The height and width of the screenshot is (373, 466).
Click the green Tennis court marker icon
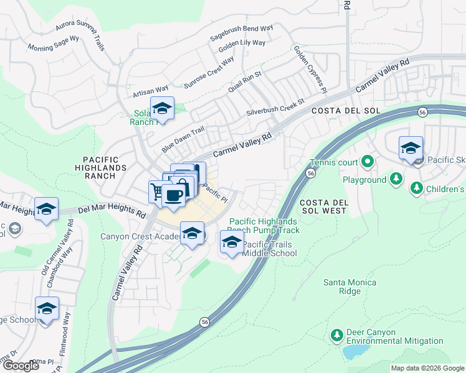tap(368, 163)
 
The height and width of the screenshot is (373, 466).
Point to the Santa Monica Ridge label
tap(349, 287)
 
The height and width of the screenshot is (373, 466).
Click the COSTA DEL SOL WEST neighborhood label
tap(322, 207)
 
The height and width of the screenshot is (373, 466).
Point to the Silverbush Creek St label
tap(275, 106)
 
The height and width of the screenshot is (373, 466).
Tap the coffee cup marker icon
tap(173, 195)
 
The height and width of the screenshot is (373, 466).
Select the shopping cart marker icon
tap(156, 190)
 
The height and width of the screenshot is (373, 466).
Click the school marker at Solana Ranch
tap(162, 108)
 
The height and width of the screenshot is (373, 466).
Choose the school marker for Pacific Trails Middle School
tap(232, 241)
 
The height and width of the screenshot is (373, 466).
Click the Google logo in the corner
tap(21, 366)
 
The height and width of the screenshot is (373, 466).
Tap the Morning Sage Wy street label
tap(53, 44)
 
